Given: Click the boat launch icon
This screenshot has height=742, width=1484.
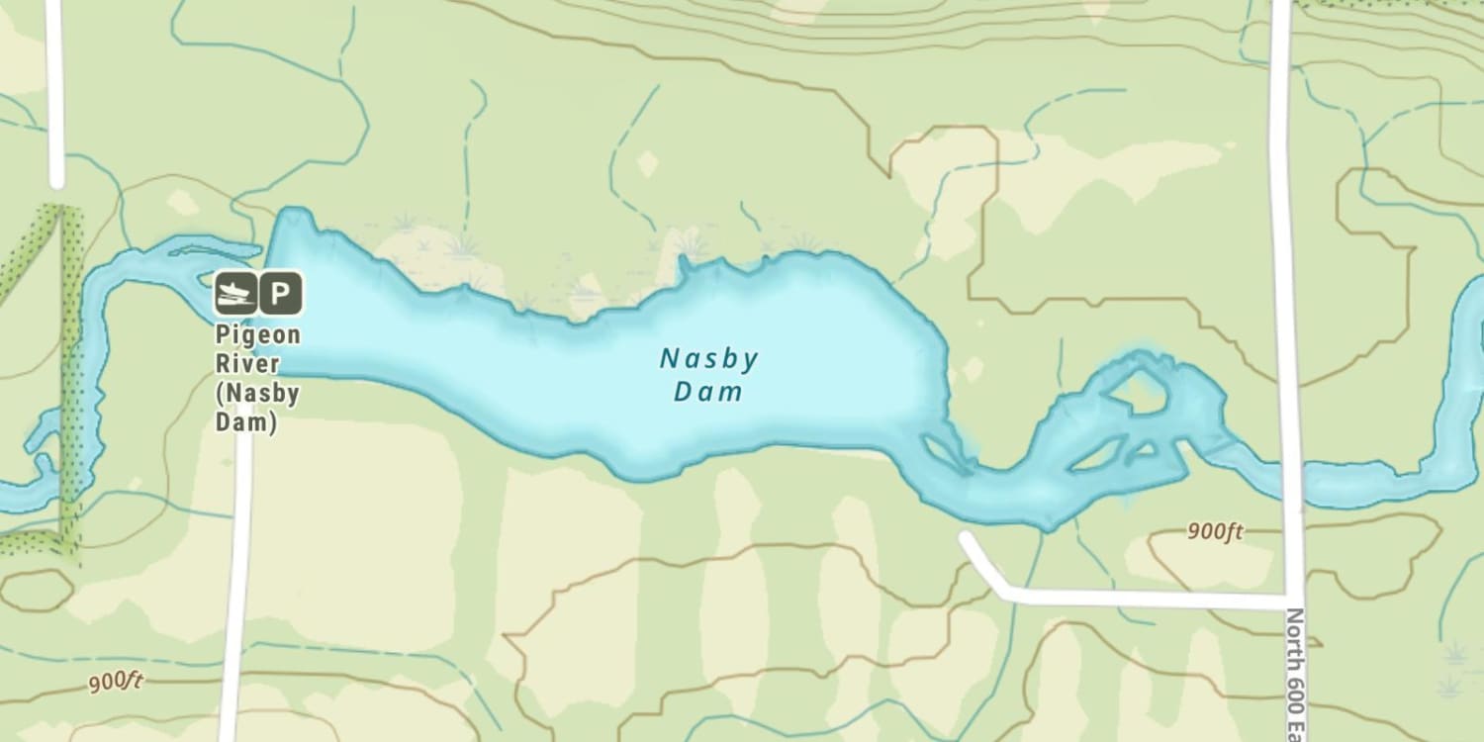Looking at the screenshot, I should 235,293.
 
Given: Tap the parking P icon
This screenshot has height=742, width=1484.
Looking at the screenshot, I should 281,293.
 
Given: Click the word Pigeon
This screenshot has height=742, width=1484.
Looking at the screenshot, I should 257,334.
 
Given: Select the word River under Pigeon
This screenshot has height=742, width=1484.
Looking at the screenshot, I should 241,363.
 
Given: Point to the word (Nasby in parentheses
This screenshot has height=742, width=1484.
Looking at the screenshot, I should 257,393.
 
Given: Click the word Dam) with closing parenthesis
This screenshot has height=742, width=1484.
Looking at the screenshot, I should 246,421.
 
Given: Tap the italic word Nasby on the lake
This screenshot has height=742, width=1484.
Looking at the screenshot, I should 708,359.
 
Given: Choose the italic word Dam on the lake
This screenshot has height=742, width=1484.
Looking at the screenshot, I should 707,393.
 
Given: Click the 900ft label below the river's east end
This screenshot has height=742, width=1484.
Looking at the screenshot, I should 1215,531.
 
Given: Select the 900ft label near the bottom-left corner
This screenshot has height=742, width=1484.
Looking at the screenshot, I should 116,682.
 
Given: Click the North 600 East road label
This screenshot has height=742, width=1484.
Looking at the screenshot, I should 1296,673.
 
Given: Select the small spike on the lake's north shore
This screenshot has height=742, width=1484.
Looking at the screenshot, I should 682,264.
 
